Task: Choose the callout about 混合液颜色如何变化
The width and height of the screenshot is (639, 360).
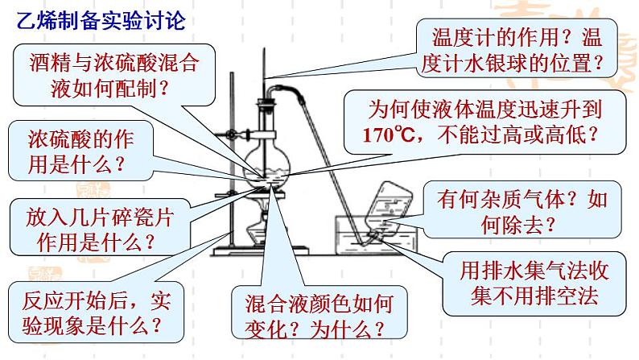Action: click(x=316, y=315)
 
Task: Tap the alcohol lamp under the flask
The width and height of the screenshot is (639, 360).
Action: click(x=263, y=226)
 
